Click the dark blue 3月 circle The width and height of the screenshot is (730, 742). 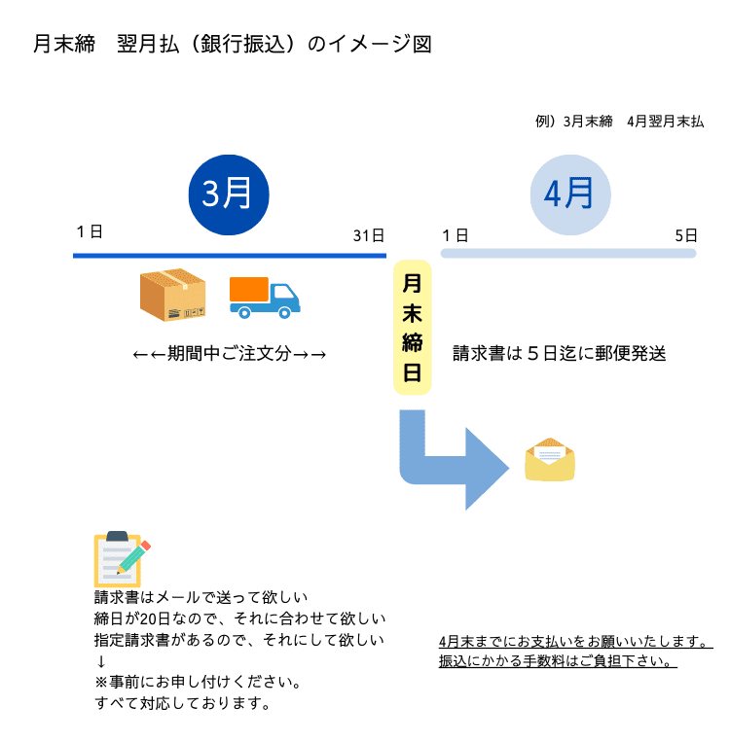pos(228,194)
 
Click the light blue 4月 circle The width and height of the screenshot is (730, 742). pos(570,194)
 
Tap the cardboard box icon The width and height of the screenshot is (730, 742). pos(173,295)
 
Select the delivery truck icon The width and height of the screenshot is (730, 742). pos(265,298)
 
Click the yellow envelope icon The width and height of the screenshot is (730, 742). pos(550,460)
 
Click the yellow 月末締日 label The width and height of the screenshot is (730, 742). pos(412,327)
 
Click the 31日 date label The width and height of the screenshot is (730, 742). pos(369,235)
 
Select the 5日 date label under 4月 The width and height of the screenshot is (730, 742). pos(686,235)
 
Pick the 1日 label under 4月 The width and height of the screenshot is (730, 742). pos(455,235)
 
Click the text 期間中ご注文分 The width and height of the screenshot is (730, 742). pos(230,354)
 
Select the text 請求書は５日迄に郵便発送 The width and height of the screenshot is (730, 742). pos(560,353)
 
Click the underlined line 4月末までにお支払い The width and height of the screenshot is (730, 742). pos(575,642)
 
